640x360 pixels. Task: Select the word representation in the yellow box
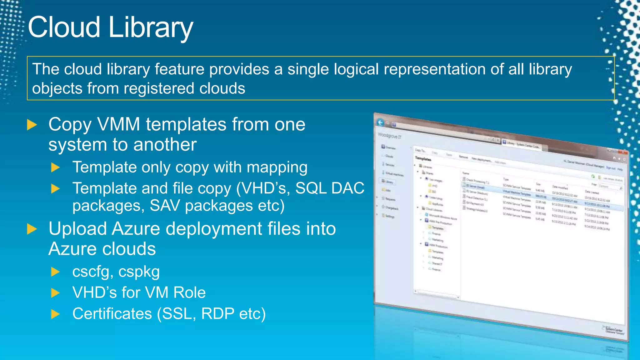coord(434,69)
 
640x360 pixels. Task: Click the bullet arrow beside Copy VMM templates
coord(32,125)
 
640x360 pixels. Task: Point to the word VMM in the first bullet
coord(119,124)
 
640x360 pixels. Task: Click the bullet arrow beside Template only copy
coord(55,167)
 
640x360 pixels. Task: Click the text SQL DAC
coord(330,188)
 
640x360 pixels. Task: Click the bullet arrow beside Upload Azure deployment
coord(32,229)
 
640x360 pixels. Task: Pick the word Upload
coord(78,229)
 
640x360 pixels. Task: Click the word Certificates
coord(112,313)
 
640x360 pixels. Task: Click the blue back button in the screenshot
coord(380,122)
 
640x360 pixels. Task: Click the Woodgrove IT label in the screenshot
coord(389,136)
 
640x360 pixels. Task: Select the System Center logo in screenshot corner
coord(613,330)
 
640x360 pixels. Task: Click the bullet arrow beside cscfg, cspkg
coord(55,272)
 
